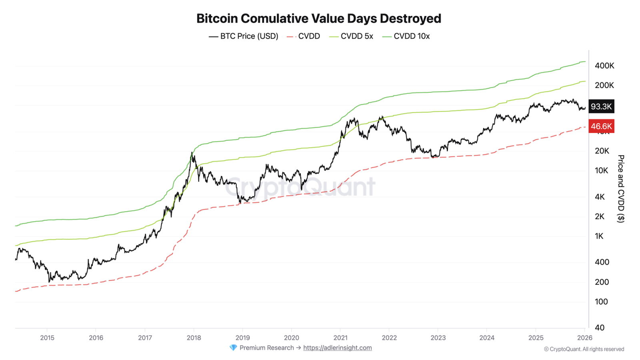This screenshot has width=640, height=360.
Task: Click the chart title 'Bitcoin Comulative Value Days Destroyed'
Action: coord(318,18)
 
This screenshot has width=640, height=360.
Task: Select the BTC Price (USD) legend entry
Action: coord(244,36)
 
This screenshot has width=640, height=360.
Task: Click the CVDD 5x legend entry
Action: coord(351,36)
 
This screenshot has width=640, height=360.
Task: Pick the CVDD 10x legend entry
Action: coord(406,36)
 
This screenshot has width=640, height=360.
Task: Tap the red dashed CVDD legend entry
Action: coord(304,36)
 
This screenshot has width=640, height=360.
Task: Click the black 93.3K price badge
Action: coord(601,106)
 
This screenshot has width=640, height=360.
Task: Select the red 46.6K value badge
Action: coord(601,126)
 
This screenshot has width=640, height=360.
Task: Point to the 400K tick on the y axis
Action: coord(604,66)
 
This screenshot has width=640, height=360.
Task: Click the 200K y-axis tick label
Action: coord(604,85)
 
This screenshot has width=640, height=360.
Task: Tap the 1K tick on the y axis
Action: coord(599,236)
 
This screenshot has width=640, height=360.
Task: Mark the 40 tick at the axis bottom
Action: coord(600,328)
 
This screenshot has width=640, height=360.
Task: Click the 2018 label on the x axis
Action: coord(194,338)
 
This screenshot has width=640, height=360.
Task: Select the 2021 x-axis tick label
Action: coord(340,338)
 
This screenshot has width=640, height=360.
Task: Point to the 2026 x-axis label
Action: coord(585,338)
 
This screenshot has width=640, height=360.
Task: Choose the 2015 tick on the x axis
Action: coord(47,338)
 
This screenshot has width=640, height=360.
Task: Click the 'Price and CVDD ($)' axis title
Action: coord(620,188)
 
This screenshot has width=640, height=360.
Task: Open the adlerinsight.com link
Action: coord(337,348)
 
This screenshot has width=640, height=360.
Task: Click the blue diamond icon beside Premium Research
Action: coord(233,348)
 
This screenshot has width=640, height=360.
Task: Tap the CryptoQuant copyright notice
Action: coord(584,349)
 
